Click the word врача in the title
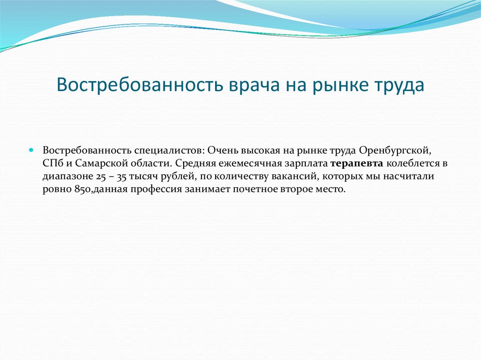click(x=254, y=85)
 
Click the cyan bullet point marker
click(x=31, y=151)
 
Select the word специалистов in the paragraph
click(x=169, y=151)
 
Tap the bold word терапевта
click(x=357, y=164)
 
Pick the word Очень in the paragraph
click(x=222, y=151)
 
